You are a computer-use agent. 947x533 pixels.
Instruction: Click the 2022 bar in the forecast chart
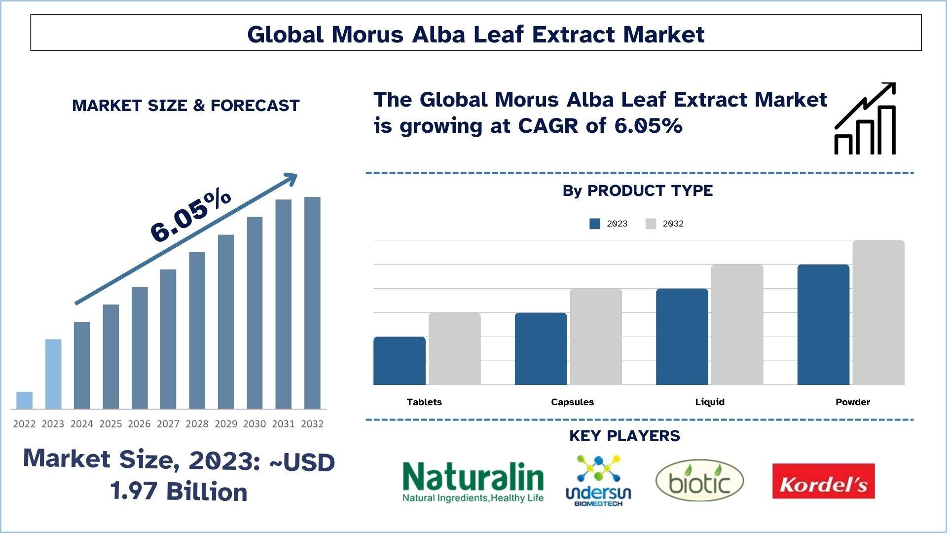pos(24,400)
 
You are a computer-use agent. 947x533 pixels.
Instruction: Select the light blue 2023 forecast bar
pos(53,374)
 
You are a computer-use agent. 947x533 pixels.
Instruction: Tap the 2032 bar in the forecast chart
pos(312,303)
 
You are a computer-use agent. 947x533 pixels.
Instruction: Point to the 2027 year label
pos(168,424)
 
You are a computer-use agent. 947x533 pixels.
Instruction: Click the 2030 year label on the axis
pos(255,424)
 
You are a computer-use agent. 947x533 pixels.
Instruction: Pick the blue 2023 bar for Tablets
pos(399,361)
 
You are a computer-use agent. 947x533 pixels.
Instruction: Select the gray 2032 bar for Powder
pos(878,312)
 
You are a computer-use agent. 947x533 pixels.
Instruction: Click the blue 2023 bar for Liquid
pos(682,337)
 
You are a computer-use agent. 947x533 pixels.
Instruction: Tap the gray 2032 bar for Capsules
pos(596,337)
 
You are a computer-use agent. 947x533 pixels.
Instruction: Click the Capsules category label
pos(572,402)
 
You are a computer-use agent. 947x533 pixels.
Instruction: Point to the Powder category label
pos(852,402)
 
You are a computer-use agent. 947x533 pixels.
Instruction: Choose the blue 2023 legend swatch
pos(595,224)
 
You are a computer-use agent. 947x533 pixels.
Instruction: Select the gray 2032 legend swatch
pos(651,224)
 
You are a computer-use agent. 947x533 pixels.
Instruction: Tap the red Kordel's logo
pos(823,482)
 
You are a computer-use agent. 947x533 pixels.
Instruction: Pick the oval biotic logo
pos(699,481)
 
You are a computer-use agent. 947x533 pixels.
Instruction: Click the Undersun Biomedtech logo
pos(598,481)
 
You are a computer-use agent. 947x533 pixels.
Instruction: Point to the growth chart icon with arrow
pos(865,118)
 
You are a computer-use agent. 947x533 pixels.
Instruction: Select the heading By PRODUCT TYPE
pos(637,191)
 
